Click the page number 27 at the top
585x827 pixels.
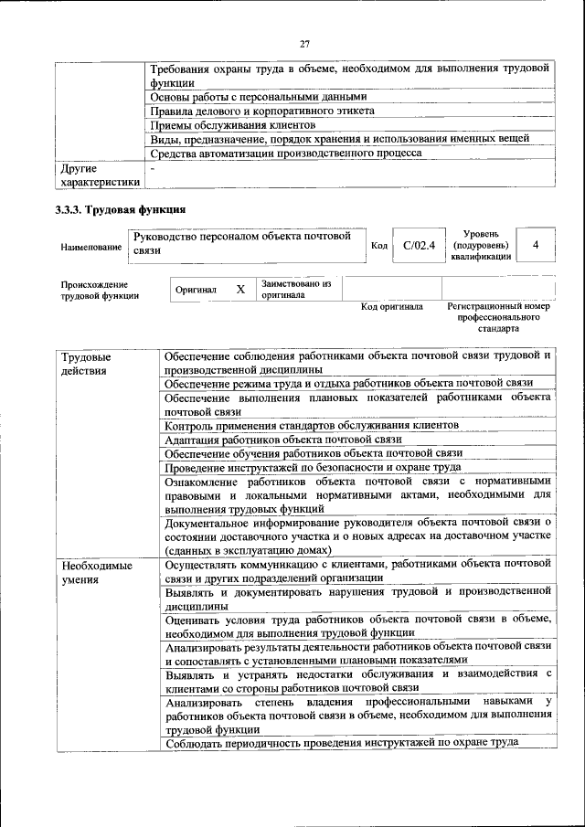pos(304,43)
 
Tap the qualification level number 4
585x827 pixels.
pos(536,245)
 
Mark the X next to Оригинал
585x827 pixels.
pos(240,290)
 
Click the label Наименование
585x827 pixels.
pos(90,247)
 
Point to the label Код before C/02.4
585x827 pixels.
pos(379,246)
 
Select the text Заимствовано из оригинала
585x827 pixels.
pos(295,290)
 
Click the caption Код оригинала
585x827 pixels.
pos(391,307)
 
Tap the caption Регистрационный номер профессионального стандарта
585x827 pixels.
pos(498,317)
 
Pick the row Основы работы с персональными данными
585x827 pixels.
pos(258,97)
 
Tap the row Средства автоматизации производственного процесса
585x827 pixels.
pos(285,154)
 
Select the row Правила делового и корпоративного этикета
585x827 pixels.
pos(261,111)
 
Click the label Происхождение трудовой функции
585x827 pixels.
pos(101,290)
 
